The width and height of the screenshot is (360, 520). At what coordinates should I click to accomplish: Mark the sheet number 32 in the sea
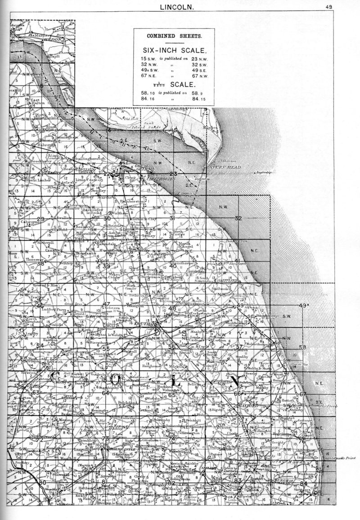coord(238,218)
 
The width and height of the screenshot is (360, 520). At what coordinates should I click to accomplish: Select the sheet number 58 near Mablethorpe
coord(302,347)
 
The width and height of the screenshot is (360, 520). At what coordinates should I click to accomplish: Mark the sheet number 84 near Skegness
coord(305,483)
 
